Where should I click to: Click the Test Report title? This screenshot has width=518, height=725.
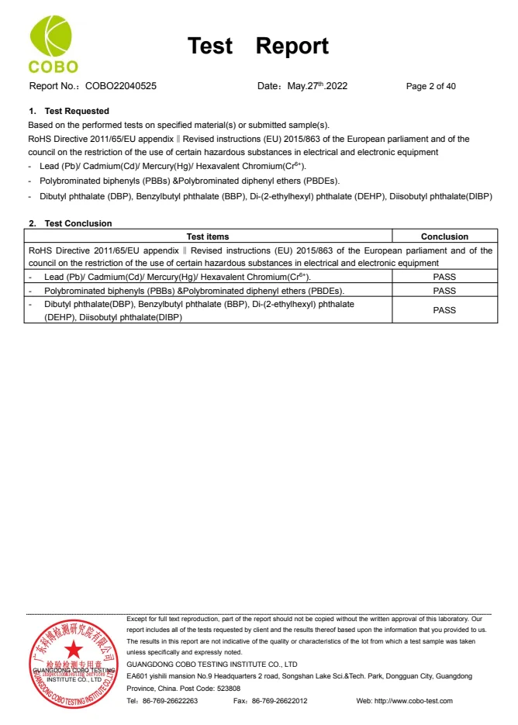tap(258, 47)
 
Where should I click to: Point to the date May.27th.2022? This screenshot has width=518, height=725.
tap(317, 86)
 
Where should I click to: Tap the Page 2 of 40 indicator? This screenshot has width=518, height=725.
tap(430, 86)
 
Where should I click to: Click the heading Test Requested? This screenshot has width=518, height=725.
tap(76, 111)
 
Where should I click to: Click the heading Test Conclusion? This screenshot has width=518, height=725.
tap(78, 223)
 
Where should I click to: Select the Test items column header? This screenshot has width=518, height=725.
tap(208, 236)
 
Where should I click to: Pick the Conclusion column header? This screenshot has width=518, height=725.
tap(444, 236)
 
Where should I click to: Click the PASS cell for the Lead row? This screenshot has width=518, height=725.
tap(444, 277)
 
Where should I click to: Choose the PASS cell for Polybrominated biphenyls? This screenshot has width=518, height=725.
tap(444, 291)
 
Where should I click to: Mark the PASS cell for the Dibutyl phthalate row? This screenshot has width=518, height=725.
tap(444, 310)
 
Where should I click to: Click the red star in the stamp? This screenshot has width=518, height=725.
tap(73, 649)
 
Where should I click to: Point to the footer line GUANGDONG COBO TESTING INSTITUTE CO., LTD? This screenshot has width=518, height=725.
tap(212, 665)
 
